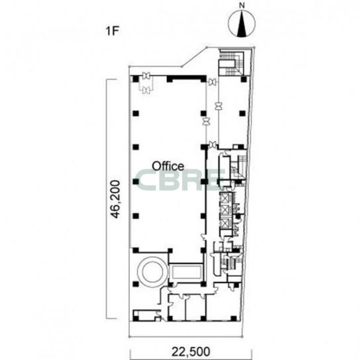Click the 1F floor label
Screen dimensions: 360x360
[x=112, y=31]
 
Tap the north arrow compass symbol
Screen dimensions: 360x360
[x=242, y=23]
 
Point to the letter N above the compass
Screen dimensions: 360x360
[x=242, y=6]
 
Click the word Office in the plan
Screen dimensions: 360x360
[x=168, y=165]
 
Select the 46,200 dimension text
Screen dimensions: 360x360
[x=115, y=199]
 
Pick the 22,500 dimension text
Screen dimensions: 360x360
[x=191, y=351]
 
